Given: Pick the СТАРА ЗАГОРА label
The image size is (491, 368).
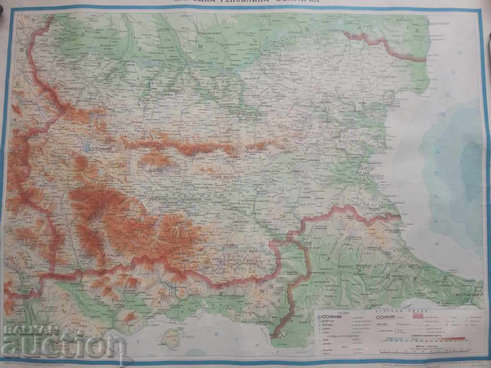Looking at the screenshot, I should coord(221,177).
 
